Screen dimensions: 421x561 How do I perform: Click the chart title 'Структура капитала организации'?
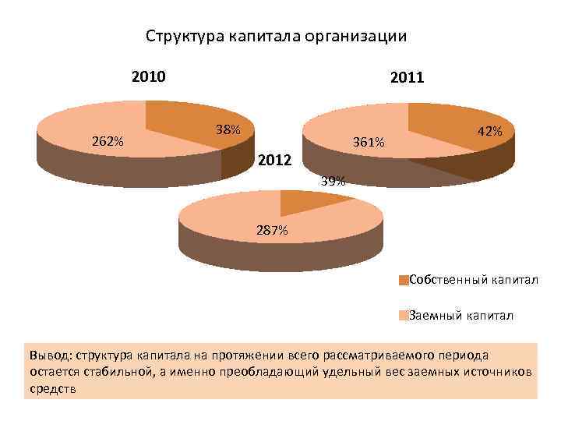click(x=277, y=36)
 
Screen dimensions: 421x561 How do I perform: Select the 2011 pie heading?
click(x=407, y=78)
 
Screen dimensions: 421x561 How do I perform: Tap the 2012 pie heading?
click(x=275, y=161)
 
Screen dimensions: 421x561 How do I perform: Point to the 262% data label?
click(x=108, y=141)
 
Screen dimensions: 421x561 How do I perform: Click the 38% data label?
click(x=228, y=130)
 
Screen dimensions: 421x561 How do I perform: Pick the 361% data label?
click(x=368, y=143)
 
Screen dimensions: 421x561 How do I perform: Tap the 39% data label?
click(x=333, y=182)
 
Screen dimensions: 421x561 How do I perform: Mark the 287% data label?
click(x=272, y=231)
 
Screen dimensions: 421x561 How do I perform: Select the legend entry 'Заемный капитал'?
click(x=460, y=316)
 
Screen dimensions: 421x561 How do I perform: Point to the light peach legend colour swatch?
click(x=403, y=316)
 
